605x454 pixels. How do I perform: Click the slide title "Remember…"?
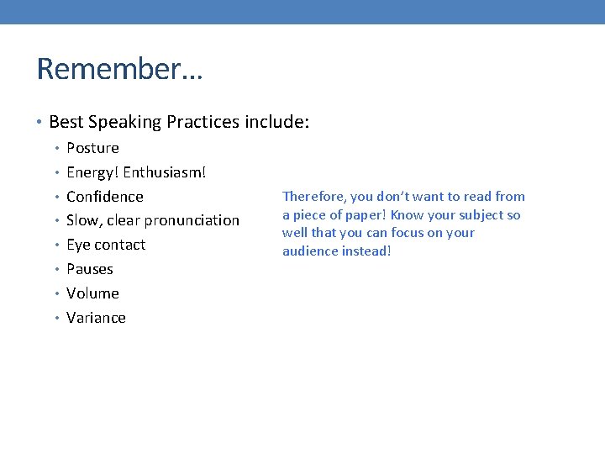tap(119, 69)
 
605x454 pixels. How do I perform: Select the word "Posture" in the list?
tap(92, 148)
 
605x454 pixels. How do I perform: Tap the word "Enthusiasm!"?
tap(165, 172)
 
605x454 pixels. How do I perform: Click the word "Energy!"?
tap(92, 172)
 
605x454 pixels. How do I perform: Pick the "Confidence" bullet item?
tap(105, 197)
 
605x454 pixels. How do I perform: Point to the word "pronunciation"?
tap(192, 220)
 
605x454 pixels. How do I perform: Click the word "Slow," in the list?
tap(84, 220)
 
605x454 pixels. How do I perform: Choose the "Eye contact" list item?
tap(106, 245)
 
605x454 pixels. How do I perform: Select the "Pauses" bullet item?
tap(90, 269)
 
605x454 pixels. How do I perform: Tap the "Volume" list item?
tap(92, 293)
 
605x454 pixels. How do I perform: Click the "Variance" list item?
tap(96, 318)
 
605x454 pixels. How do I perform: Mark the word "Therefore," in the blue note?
tap(314, 197)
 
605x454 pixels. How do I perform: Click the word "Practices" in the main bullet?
tap(203, 123)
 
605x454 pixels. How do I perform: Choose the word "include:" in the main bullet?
tap(277, 123)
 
